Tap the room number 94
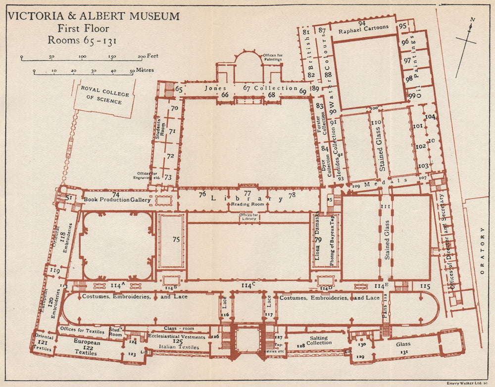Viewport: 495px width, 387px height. pyautogui.click(x=362, y=23)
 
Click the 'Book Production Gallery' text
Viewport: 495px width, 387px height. pyautogui.click(x=116, y=199)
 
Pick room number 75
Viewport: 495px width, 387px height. pyautogui.click(x=176, y=240)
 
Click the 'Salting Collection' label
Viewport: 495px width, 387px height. pyautogui.click(x=319, y=339)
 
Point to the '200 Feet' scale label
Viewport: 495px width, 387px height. pyautogui.click(x=148, y=56)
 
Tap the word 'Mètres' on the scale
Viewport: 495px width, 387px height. pyautogui.click(x=145, y=71)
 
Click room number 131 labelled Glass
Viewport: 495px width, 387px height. pyautogui.click(x=404, y=351)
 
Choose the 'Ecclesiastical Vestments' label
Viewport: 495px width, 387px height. pyautogui.click(x=176, y=337)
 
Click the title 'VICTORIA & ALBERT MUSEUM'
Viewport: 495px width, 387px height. pyautogui.click(x=94, y=16)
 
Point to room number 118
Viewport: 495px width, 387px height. pyautogui.click(x=62, y=237)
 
